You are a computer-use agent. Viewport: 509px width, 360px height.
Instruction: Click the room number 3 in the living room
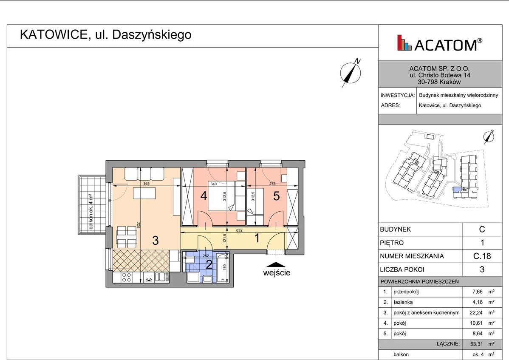point(156,241)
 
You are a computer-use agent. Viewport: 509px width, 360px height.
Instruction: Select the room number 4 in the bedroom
point(204,196)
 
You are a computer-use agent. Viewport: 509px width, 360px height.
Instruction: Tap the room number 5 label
point(276,196)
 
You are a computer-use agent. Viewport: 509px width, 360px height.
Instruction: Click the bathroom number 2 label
point(209,264)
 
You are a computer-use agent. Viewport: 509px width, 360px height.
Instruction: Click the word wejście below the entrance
point(277,273)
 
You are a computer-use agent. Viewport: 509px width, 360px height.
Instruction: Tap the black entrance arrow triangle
point(277,265)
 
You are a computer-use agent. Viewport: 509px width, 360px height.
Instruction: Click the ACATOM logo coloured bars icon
point(404,43)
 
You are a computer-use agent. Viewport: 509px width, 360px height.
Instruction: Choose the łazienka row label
point(404,302)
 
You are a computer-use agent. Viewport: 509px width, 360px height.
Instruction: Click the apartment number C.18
point(482,256)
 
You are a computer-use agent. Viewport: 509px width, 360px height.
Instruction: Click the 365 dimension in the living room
point(146,184)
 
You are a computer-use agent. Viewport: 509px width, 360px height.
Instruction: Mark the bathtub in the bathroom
point(223,268)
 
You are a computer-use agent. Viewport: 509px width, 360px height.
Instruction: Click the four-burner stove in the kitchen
point(127,278)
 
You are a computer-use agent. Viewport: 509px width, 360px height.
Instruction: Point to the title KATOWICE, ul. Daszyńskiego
point(105,35)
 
